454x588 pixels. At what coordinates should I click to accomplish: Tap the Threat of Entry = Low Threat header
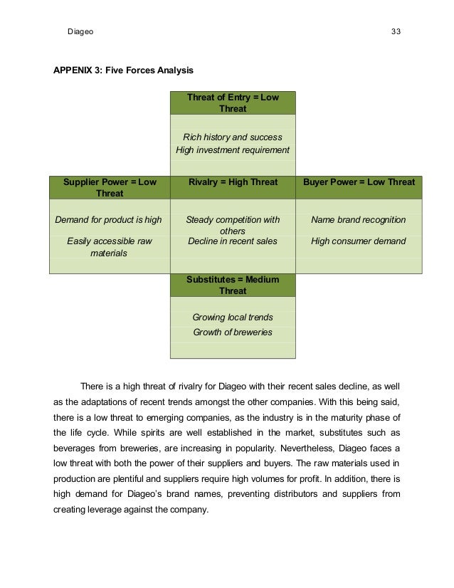click(x=233, y=103)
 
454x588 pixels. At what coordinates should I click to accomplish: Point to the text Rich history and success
click(x=233, y=137)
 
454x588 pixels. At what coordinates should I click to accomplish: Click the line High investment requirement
click(x=233, y=150)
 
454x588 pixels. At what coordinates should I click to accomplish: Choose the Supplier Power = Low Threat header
click(x=110, y=188)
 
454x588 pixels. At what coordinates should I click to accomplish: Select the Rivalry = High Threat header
click(x=233, y=182)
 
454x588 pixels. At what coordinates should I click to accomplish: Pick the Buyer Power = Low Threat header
click(x=359, y=182)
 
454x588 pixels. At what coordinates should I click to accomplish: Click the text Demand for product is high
click(x=110, y=220)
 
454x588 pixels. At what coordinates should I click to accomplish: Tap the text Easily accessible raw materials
click(x=110, y=247)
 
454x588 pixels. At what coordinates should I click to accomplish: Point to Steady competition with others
click(x=233, y=225)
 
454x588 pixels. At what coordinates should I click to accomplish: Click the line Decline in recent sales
click(x=233, y=241)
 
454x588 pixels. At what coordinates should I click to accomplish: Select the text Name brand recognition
click(x=359, y=220)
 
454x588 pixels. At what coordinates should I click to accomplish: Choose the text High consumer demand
click(x=359, y=241)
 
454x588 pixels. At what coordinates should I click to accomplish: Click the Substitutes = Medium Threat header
click(x=233, y=285)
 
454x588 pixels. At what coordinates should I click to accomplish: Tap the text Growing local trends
click(x=233, y=317)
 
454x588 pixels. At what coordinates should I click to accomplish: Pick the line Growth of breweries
click(x=233, y=332)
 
